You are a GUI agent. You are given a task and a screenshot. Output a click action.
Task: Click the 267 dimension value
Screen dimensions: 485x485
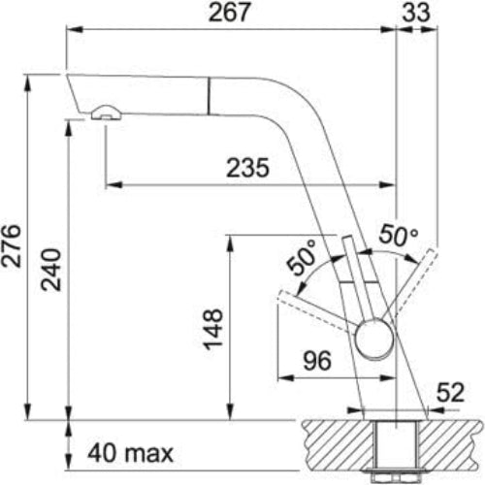click(x=231, y=13)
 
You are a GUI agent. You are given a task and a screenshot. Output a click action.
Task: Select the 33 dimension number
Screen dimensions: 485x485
click(x=419, y=13)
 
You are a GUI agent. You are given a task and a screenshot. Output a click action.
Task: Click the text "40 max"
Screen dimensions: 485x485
click(x=129, y=453)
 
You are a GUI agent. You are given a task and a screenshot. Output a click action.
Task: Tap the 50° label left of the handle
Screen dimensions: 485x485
click(x=302, y=261)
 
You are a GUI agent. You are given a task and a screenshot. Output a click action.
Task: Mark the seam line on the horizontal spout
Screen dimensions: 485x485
click(x=207, y=98)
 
